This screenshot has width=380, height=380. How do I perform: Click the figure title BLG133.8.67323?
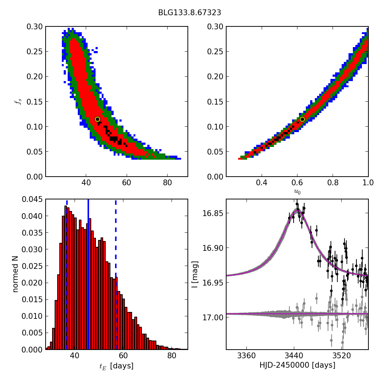[x=190, y=13]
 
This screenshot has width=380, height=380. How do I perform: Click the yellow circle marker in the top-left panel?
[x=97, y=119]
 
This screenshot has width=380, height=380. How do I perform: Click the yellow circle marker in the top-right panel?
[x=302, y=119]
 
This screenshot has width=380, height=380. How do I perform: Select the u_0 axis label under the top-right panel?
[x=297, y=192]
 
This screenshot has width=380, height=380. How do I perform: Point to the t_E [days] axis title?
[x=116, y=366]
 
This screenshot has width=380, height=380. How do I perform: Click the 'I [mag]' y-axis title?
[x=195, y=274]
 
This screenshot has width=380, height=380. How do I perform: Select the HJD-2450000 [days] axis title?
[x=297, y=366]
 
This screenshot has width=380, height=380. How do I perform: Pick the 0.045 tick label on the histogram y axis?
[x=31, y=199]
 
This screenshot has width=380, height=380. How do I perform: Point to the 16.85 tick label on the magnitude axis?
[x=213, y=213]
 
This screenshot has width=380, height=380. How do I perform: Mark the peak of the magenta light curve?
[x=297, y=210]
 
